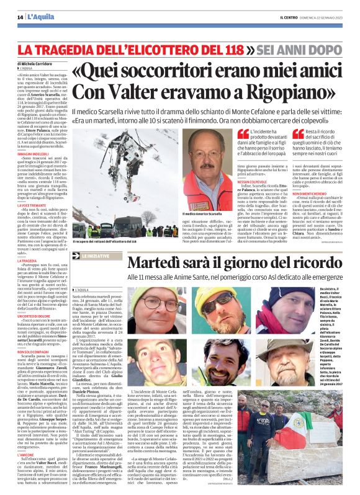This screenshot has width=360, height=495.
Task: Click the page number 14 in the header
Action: coord(20,17)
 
